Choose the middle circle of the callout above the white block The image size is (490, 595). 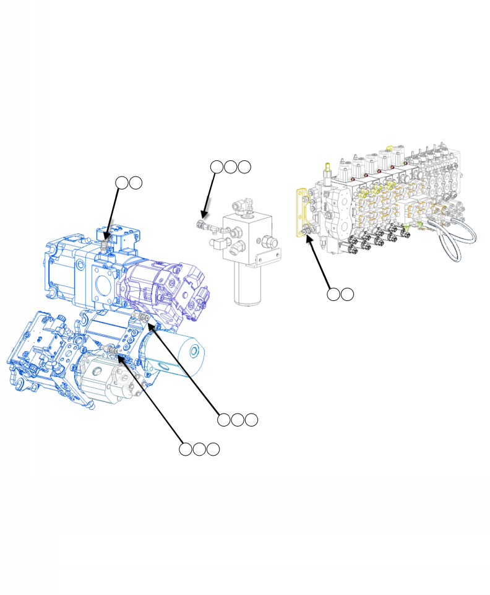pos(230,167)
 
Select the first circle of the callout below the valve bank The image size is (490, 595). pos(333,294)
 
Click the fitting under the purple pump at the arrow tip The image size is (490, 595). pos(141,318)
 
